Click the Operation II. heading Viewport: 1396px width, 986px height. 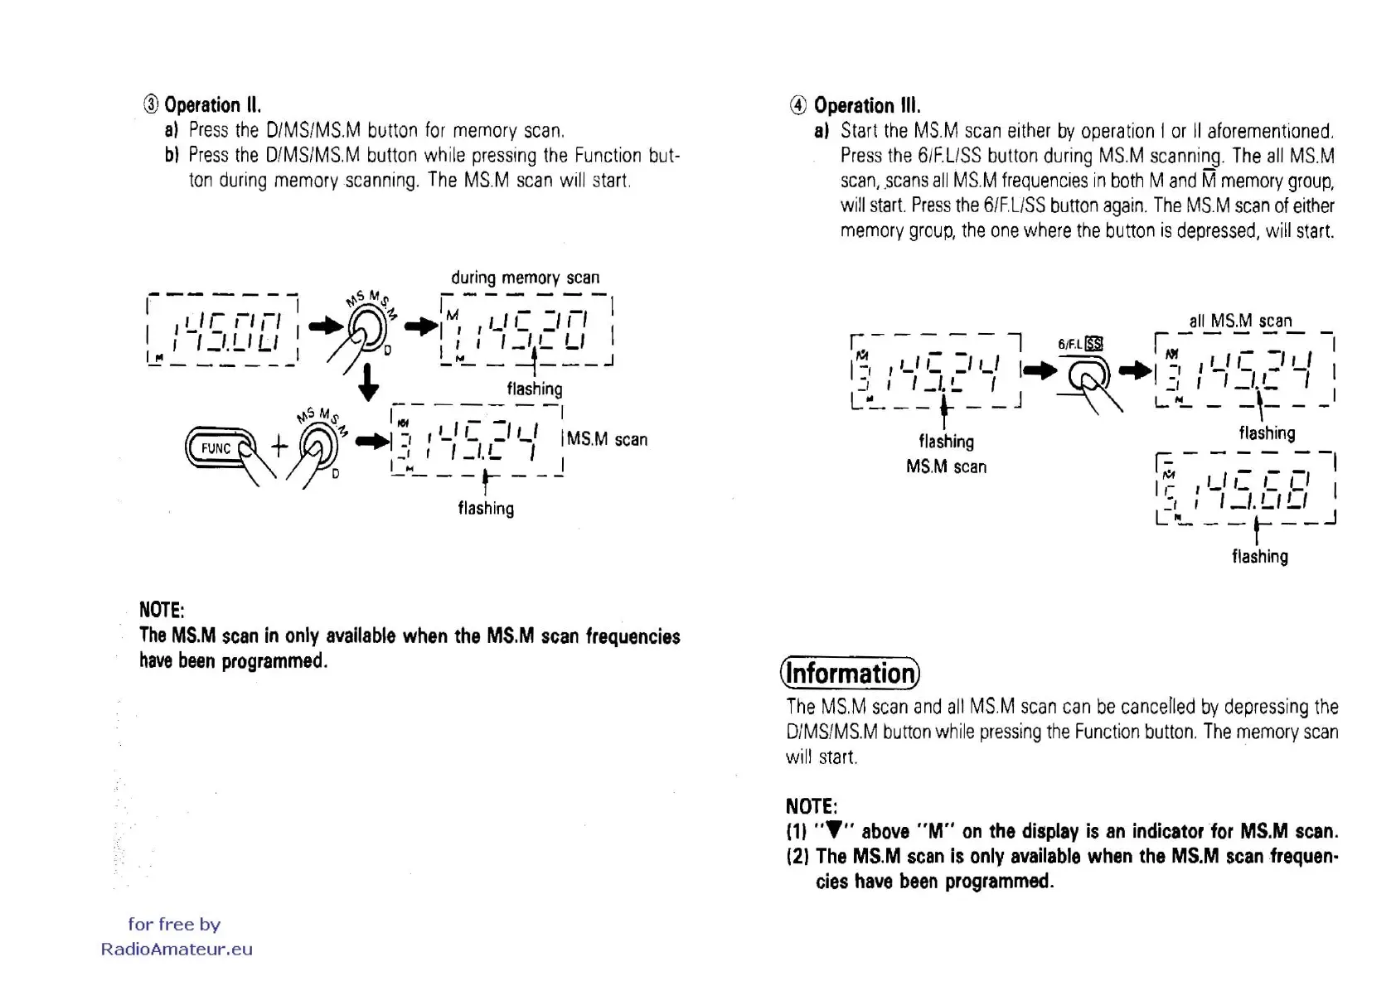[212, 105]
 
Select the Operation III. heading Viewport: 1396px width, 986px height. [866, 105]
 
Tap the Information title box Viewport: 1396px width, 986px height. [851, 673]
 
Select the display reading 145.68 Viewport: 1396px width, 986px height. [1245, 490]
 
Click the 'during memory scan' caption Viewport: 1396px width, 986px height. [525, 278]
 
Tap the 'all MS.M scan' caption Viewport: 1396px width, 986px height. [1240, 321]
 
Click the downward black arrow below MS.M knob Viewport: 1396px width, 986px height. [368, 384]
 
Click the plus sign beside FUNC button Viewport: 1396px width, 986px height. [279, 447]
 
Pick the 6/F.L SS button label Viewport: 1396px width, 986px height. [1080, 344]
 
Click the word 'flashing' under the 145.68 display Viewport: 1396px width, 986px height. [1259, 557]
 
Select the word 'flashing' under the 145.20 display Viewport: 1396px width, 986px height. [534, 389]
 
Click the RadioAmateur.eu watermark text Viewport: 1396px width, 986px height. [177, 950]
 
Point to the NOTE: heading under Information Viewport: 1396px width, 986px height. [812, 806]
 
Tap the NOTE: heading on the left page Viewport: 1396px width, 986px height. [162, 610]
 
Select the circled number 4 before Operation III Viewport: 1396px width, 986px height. [797, 105]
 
